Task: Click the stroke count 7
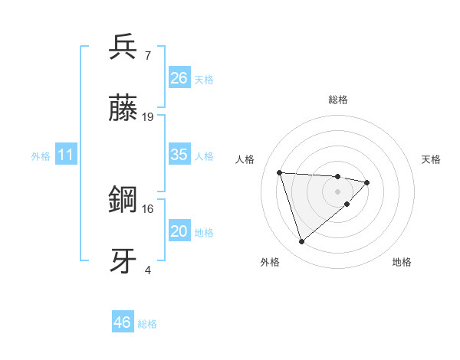pos(148,55)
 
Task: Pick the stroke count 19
pos(148,117)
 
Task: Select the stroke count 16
pos(148,208)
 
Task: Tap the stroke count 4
pos(148,270)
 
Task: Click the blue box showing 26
pos(179,77)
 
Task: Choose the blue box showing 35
pos(179,155)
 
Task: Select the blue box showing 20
pos(179,231)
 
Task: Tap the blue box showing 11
pos(66,155)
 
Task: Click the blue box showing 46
pos(123,322)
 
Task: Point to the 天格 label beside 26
pos(204,79)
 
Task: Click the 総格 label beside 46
pos(147,324)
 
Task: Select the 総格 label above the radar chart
pos(337,100)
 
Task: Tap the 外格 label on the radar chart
pos(270,262)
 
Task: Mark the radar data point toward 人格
pos(280,172)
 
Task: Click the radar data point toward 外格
pos(302,242)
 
